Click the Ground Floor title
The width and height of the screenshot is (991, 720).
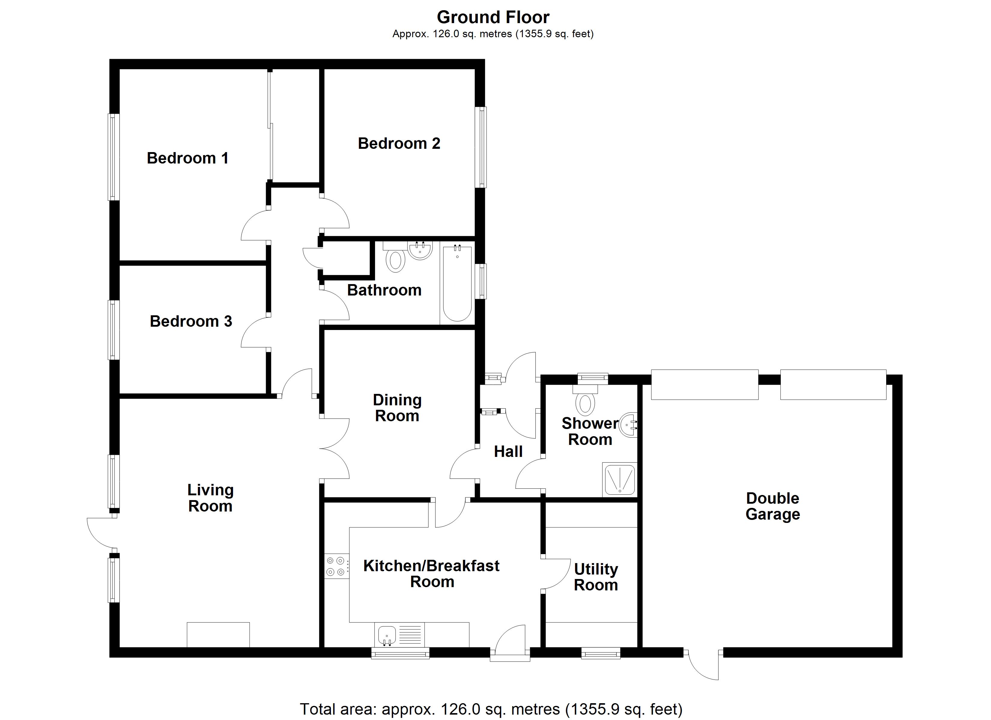tap(493, 17)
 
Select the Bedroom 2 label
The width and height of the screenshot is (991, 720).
tap(399, 143)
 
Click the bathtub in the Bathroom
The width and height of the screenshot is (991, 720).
tap(457, 284)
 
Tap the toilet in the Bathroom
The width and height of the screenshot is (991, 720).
tap(395, 261)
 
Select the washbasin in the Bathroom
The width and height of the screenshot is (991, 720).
tap(420, 250)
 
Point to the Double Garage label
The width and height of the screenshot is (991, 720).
tap(772, 506)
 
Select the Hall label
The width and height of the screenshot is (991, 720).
tap(508, 451)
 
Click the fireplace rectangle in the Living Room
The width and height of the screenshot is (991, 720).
tap(218, 634)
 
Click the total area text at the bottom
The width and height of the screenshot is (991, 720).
tap(491, 709)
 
